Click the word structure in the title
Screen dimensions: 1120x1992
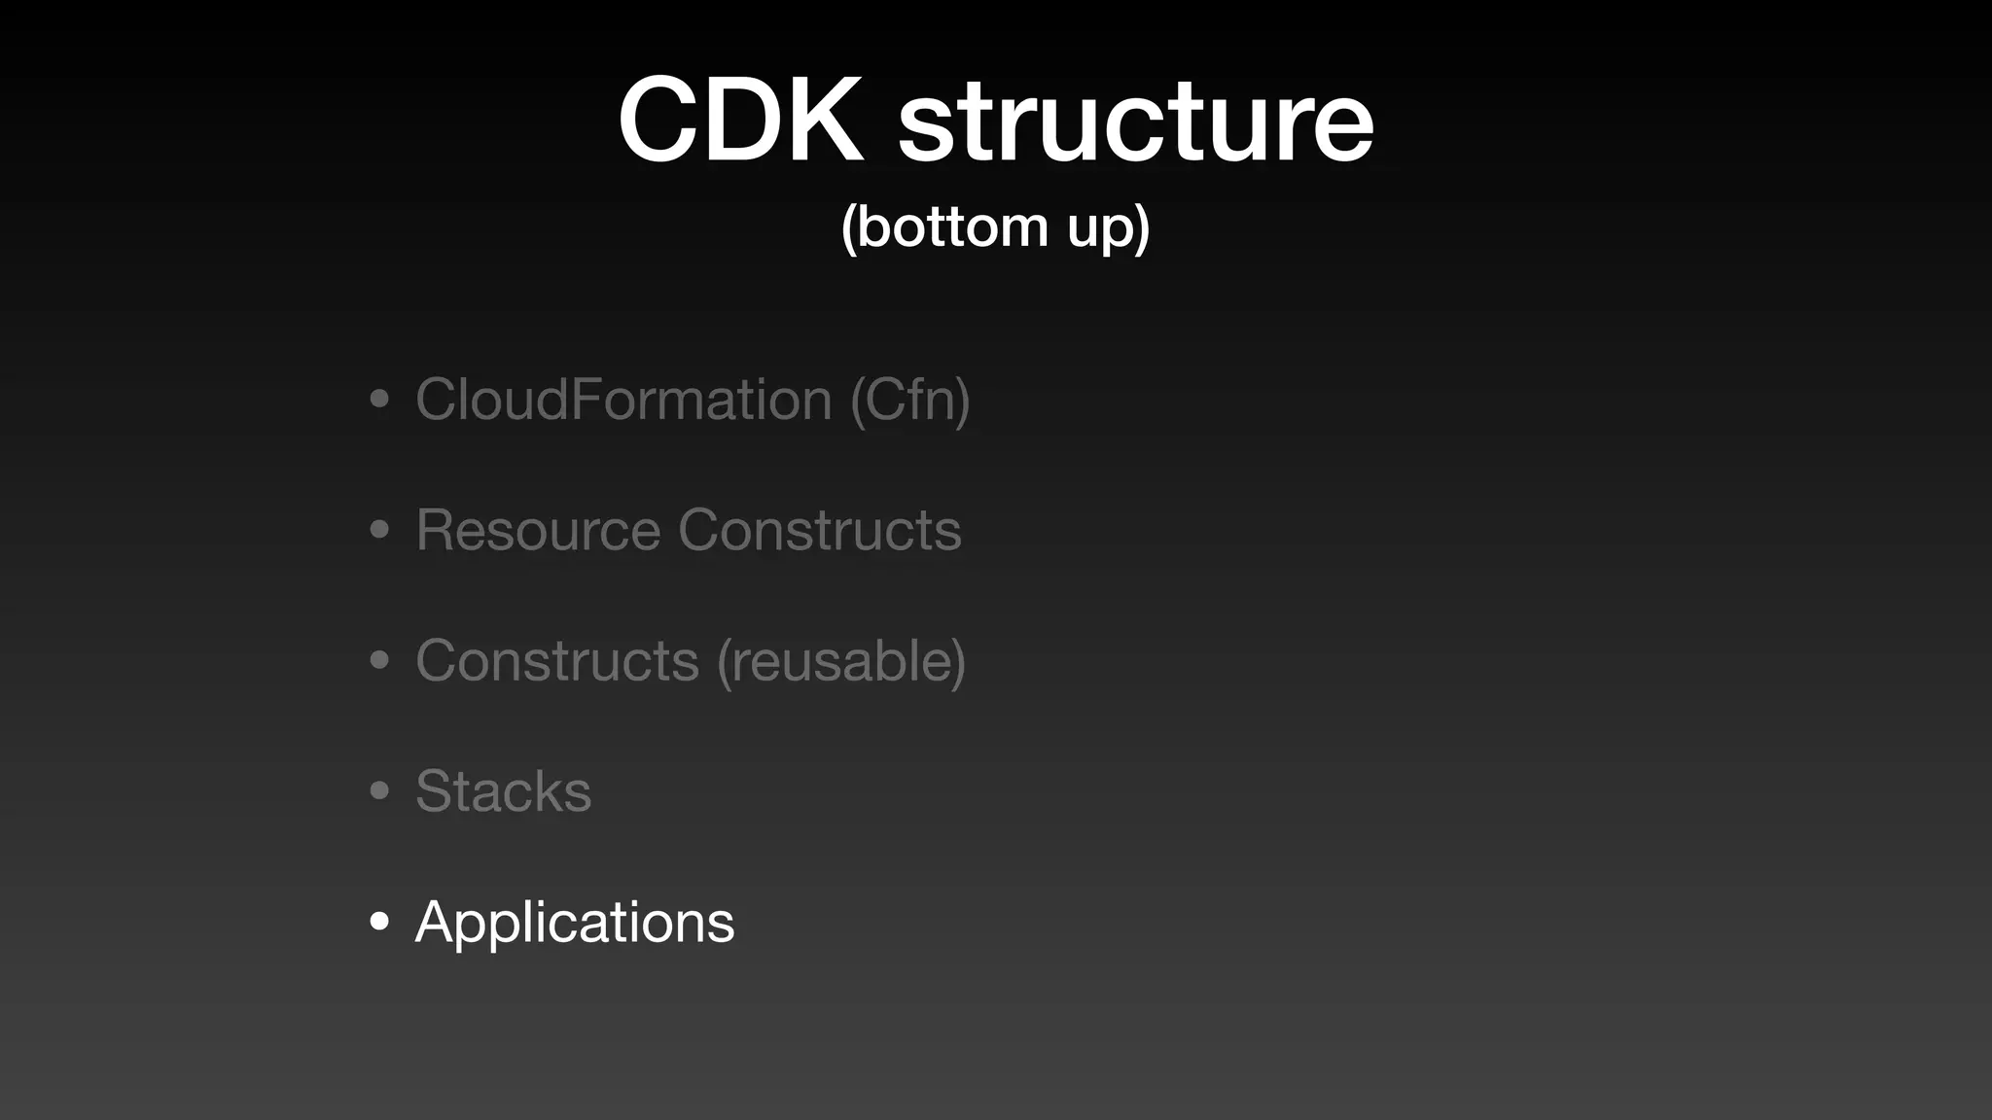(1135, 122)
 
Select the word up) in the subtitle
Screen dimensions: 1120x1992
(1108, 228)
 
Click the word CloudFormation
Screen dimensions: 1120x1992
(623, 399)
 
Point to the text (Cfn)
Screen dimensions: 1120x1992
(910, 400)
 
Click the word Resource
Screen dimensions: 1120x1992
(538, 530)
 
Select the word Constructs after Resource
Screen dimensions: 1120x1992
(819, 530)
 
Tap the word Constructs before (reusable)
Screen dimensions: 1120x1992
(557, 660)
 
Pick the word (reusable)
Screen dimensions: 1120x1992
(841, 661)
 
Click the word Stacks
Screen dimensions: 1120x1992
(503, 790)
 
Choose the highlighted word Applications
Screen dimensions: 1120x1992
(575, 922)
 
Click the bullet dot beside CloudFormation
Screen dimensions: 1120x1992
(379, 399)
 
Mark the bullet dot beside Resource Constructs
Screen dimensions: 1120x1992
(379, 530)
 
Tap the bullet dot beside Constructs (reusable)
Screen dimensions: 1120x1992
(379, 660)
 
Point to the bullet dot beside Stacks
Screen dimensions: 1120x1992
(379, 790)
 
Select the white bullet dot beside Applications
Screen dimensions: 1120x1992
(379, 921)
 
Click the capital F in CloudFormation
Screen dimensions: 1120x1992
(587, 399)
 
